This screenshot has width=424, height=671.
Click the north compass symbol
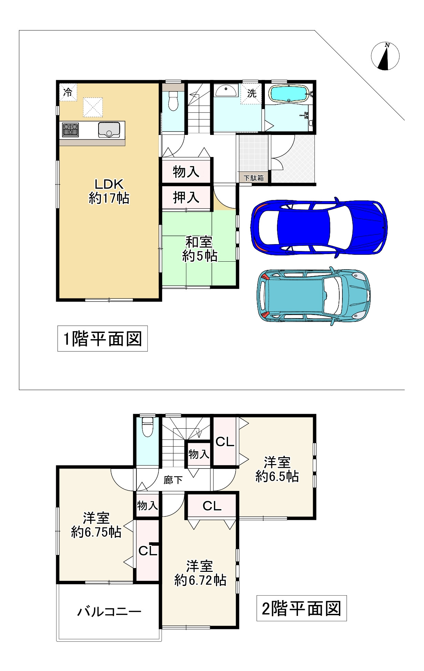[385, 56]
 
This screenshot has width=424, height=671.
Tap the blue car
[319, 227]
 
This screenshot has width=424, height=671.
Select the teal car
[313, 296]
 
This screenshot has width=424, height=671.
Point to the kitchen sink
[109, 130]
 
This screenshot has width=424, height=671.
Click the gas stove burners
[70, 130]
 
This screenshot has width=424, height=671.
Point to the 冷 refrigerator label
[68, 92]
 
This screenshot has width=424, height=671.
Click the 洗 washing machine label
[252, 93]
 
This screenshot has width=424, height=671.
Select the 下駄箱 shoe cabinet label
[254, 178]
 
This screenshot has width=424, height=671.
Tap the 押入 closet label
[186, 198]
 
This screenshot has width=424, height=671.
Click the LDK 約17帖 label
[109, 191]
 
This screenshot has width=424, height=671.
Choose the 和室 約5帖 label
[199, 249]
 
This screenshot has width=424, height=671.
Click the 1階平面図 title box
[103, 338]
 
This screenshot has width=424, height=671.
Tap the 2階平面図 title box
[301, 608]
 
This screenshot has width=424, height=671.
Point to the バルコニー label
[109, 611]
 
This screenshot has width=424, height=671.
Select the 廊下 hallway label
[173, 480]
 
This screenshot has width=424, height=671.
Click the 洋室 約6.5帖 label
[277, 469]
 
